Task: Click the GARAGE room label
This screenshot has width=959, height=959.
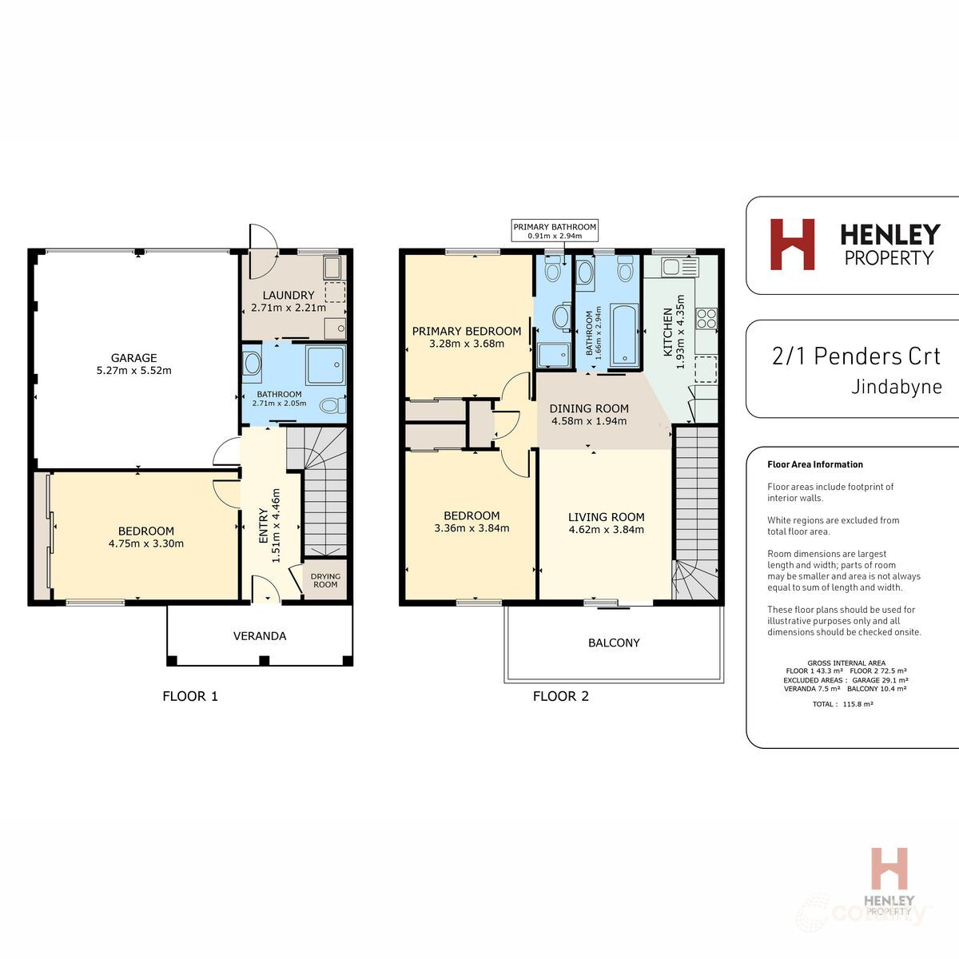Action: (133, 358)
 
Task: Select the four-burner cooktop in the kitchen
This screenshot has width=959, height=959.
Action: (706, 318)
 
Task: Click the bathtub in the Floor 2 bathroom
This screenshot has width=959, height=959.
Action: (623, 333)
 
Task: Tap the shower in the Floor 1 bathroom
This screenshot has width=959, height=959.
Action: (325, 365)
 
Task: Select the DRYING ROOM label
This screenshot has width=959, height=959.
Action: (325, 580)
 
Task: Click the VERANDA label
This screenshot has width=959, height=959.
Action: (260, 636)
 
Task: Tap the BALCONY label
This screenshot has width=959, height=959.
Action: (614, 643)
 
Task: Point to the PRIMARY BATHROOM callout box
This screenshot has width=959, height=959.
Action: (555, 231)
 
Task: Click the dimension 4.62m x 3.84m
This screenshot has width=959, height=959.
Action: (606, 529)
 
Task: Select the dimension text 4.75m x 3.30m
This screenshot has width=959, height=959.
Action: (146, 543)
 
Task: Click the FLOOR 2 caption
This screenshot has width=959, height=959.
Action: (561, 696)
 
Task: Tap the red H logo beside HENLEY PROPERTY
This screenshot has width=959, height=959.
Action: (792, 245)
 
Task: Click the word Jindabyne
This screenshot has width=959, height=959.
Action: (897, 388)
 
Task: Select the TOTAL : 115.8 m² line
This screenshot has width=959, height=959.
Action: (842, 704)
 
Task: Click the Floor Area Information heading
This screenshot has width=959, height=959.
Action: (815, 464)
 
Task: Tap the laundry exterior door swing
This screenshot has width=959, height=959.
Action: (262, 238)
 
